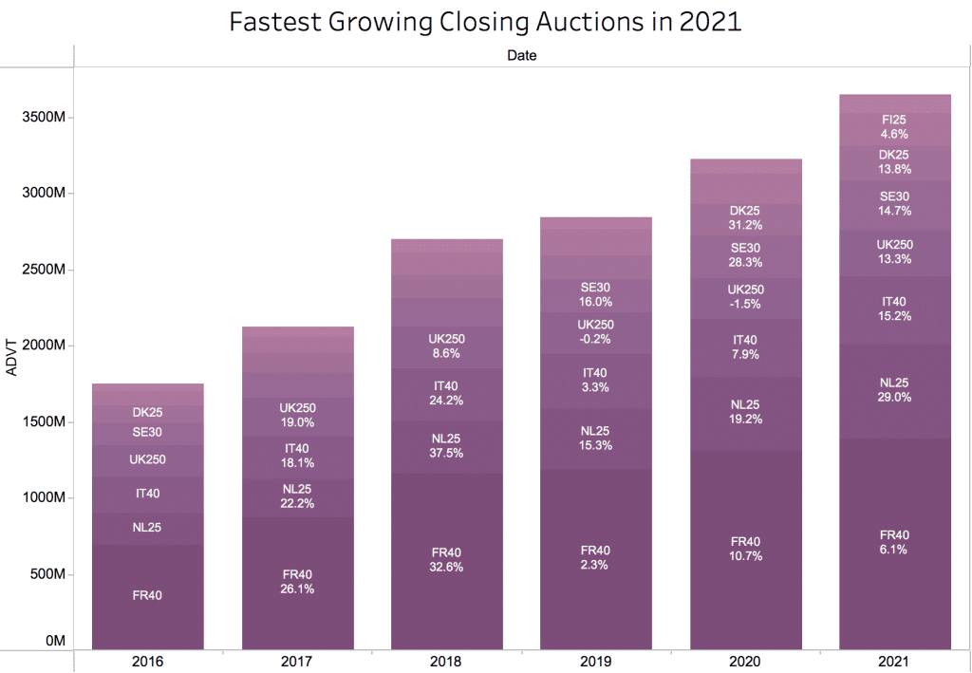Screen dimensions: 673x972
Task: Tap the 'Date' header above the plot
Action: (x=521, y=56)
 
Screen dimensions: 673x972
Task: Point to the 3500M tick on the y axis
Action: (x=43, y=118)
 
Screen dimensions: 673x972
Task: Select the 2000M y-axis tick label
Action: (x=43, y=346)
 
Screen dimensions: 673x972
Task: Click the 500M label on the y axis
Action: (x=47, y=574)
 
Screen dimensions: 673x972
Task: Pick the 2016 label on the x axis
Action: (x=147, y=661)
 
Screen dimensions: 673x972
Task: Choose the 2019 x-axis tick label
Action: (x=596, y=661)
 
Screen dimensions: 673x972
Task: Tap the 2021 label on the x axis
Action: (x=894, y=661)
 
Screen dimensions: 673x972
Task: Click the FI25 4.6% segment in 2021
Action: (x=894, y=127)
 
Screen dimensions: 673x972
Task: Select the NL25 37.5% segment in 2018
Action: (x=447, y=446)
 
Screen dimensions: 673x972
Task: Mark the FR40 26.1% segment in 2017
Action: (x=297, y=581)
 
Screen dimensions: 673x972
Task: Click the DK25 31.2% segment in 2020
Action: (x=745, y=218)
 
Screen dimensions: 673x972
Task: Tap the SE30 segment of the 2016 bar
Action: (x=147, y=433)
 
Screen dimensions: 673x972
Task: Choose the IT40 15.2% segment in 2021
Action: (x=894, y=309)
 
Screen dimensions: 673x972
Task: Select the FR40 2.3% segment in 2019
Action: (x=596, y=557)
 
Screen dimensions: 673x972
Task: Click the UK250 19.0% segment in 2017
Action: (x=297, y=416)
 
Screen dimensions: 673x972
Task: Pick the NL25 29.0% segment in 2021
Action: (x=894, y=390)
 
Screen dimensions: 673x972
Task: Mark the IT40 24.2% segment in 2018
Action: (x=447, y=394)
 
